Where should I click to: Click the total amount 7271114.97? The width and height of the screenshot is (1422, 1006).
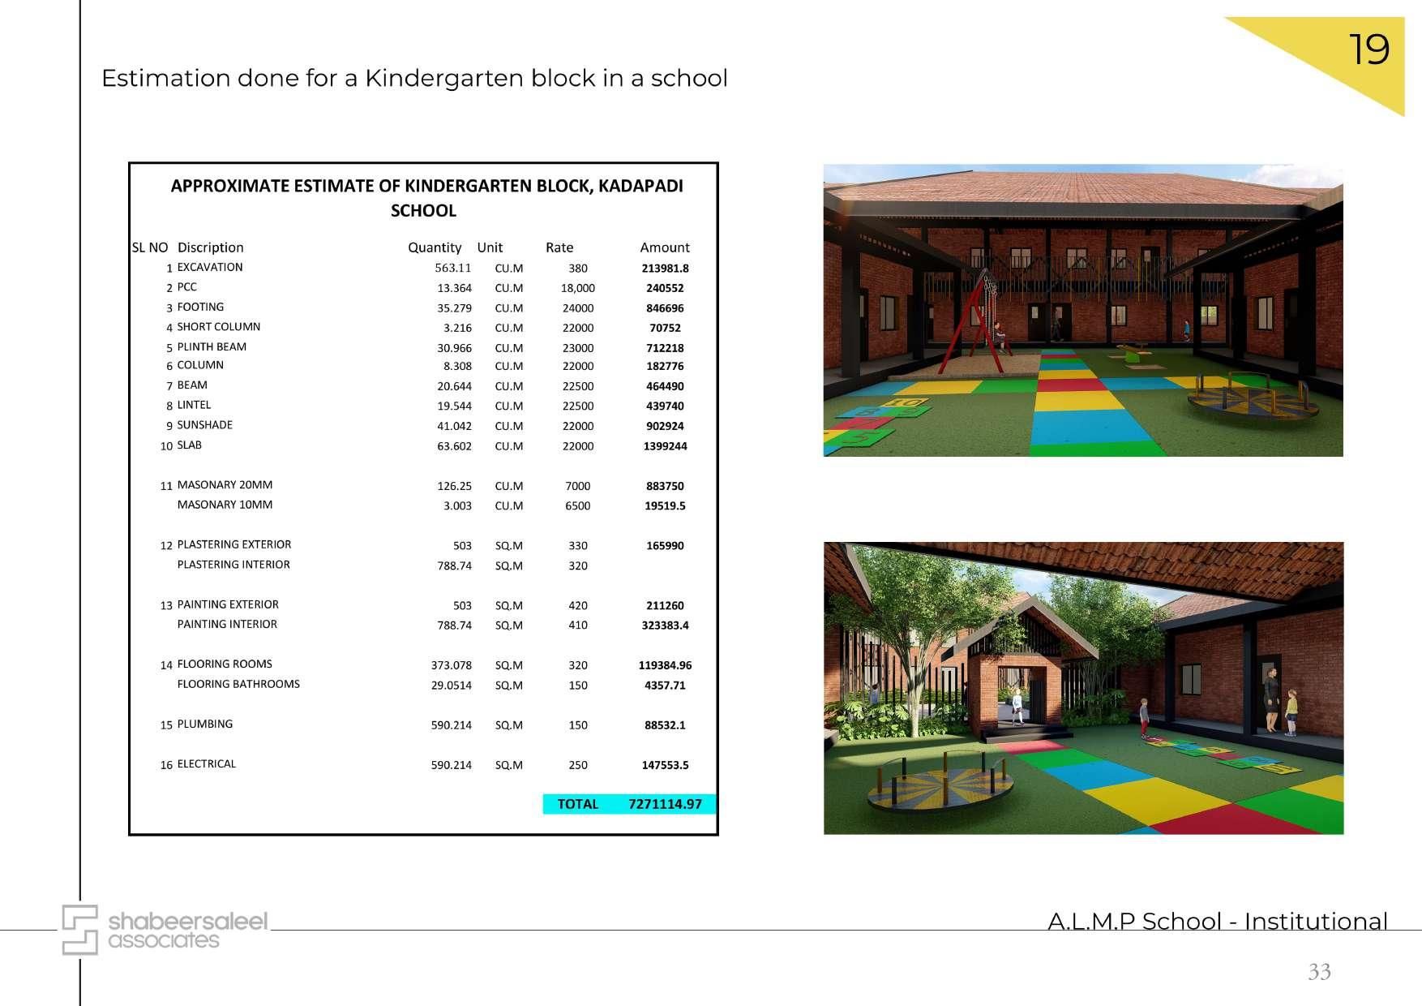pos(665,804)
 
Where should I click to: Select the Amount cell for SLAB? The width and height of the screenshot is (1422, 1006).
pos(665,446)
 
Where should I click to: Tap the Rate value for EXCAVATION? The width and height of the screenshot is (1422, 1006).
pos(577,269)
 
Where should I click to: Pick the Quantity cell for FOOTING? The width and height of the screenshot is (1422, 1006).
pos(454,308)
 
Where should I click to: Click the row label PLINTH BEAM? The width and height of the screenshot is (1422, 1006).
pos(212,346)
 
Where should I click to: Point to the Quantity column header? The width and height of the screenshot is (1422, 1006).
pos(435,247)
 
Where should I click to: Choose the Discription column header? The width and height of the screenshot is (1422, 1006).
pos(210,247)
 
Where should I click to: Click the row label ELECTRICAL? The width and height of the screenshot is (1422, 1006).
pos(206,764)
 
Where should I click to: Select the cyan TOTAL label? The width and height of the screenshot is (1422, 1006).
pos(577,804)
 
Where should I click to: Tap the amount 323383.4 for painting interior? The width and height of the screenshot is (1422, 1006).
pos(665,626)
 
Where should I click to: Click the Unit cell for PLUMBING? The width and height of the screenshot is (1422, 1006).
pos(508,725)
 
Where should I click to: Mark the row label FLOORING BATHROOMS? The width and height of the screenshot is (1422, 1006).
pos(238,684)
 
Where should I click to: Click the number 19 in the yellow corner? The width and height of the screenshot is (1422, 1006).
pos(1368,50)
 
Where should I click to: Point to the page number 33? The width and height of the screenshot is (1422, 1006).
pos(1319,971)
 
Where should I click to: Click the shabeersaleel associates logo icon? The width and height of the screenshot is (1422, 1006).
pos(80,930)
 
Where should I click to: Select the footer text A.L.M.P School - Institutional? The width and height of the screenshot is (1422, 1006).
pos(1217,922)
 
